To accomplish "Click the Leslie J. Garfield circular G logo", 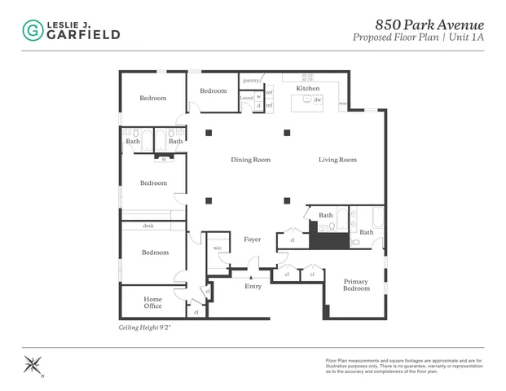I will pyautogui.click(x=32, y=31).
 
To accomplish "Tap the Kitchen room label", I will pyautogui.click(x=307, y=88).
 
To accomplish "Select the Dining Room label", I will pyautogui.click(x=250, y=160).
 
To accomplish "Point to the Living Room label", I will pyautogui.click(x=337, y=160).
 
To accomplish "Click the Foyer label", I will pyautogui.click(x=252, y=239).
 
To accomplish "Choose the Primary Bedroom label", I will pyautogui.click(x=356, y=285).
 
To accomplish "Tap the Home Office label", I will pyautogui.click(x=152, y=302).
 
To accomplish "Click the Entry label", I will pyautogui.click(x=253, y=286).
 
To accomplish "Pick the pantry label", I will pyautogui.click(x=250, y=81).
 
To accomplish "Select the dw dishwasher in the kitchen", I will pyautogui.click(x=318, y=99).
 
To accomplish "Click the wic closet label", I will pyautogui.click(x=218, y=248).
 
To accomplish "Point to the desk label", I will pyautogui.click(x=148, y=226).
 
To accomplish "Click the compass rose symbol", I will pyautogui.click(x=33, y=364).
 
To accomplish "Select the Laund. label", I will pyautogui.click(x=246, y=98).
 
